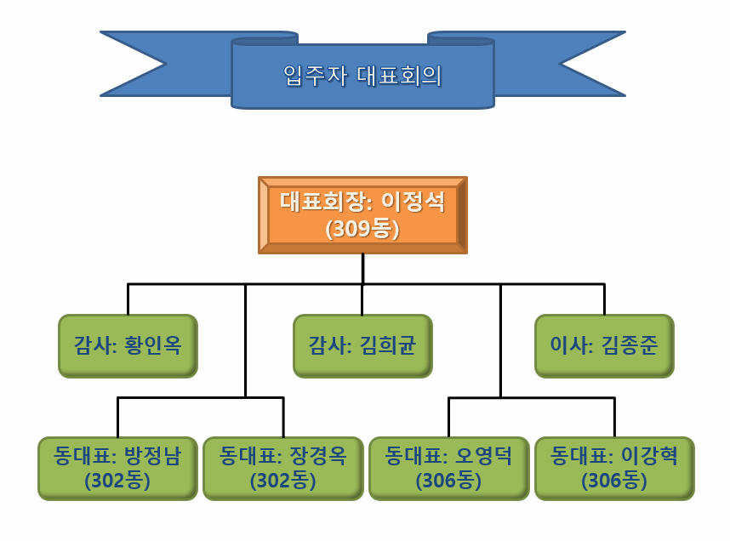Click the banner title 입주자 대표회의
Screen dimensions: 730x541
tap(362, 76)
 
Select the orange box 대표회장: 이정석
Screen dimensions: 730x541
tap(362, 215)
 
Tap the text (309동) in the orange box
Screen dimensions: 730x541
tap(362, 229)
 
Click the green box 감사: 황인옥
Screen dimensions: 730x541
tap(128, 346)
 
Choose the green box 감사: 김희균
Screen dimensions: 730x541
tap(362, 346)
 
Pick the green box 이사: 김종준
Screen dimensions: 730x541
tap(604, 346)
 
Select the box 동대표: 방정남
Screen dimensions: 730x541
tap(117, 469)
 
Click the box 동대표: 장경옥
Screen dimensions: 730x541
tap(283, 469)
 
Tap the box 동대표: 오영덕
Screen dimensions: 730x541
tap(448, 469)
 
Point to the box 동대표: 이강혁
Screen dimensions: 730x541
tap(614, 469)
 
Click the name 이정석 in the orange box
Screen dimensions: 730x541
tap(413, 202)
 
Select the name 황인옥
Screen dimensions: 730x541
tap(152, 345)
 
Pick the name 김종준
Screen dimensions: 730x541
tap(630, 345)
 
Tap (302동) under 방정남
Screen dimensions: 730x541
tap(117, 481)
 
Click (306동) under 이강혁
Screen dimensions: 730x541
tap(614, 481)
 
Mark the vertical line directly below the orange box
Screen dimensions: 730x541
tap(362, 269)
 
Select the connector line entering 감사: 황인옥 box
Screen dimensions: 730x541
tap(128, 299)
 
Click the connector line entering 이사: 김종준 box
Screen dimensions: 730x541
tap(604, 299)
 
